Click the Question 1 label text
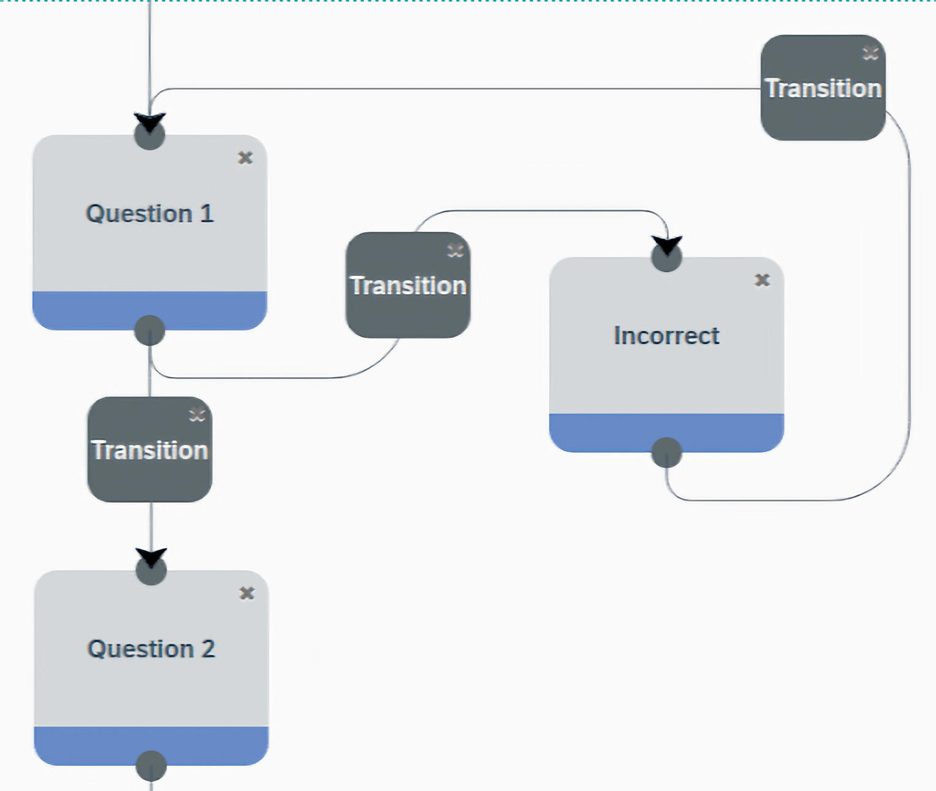tap(150, 214)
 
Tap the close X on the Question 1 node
tap(245, 158)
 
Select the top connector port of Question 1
tap(150, 135)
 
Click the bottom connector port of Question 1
tap(150, 331)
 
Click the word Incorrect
tap(666, 336)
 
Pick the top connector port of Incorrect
tap(666, 257)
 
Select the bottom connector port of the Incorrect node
tap(666, 453)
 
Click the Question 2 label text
tap(151, 649)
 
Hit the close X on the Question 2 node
tap(246, 593)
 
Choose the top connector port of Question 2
tap(151, 570)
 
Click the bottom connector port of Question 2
tap(151, 765)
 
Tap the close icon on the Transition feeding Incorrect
tap(455, 250)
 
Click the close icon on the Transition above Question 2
tap(197, 415)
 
